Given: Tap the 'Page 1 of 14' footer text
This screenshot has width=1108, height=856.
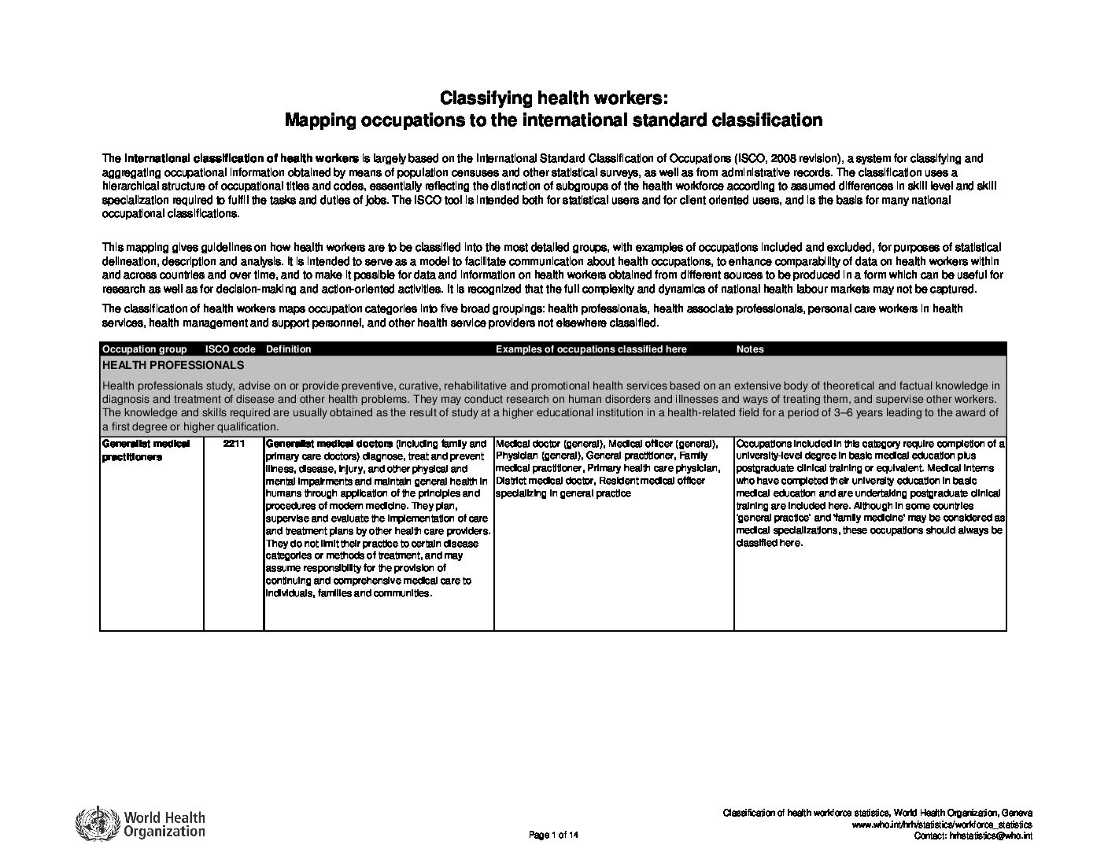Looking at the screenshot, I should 554,835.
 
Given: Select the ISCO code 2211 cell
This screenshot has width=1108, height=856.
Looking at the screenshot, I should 233,444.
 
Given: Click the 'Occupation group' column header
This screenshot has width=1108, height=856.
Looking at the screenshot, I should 145,349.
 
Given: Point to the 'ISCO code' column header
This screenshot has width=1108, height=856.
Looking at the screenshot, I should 230,349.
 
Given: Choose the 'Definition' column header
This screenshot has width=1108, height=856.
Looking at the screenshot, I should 289,349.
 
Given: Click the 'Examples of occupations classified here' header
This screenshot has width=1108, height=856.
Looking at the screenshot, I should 591,349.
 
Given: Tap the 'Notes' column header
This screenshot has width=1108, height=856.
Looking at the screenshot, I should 750,349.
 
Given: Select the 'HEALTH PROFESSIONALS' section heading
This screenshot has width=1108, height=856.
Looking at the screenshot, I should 173,365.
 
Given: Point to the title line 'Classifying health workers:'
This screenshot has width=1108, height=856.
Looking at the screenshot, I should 553,98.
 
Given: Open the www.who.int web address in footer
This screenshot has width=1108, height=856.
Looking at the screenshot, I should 942,824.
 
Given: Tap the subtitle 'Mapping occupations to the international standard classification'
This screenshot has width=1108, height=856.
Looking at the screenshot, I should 553,120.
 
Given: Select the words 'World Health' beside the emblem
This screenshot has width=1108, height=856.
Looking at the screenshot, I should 164,817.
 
